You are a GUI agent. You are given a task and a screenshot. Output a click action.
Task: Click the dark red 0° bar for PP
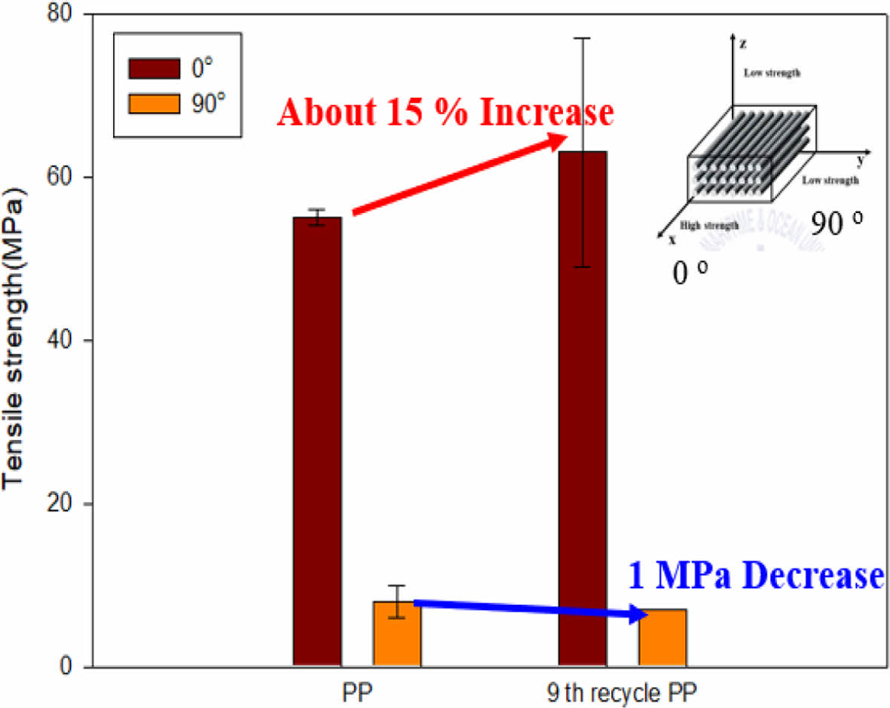point(317,441)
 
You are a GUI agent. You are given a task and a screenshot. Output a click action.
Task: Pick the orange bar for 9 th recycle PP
point(662,638)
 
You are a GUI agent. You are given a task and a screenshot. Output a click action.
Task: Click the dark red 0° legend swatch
point(154,68)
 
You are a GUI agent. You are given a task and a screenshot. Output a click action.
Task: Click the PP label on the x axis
point(358,691)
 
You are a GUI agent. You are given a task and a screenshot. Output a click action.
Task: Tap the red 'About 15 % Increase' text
point(445,112)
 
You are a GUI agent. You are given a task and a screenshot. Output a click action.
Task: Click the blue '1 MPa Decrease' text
point(754,577)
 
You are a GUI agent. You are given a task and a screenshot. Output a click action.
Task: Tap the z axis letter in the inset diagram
point(744,44)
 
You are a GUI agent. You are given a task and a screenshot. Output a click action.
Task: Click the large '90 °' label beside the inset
point(836,223)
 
